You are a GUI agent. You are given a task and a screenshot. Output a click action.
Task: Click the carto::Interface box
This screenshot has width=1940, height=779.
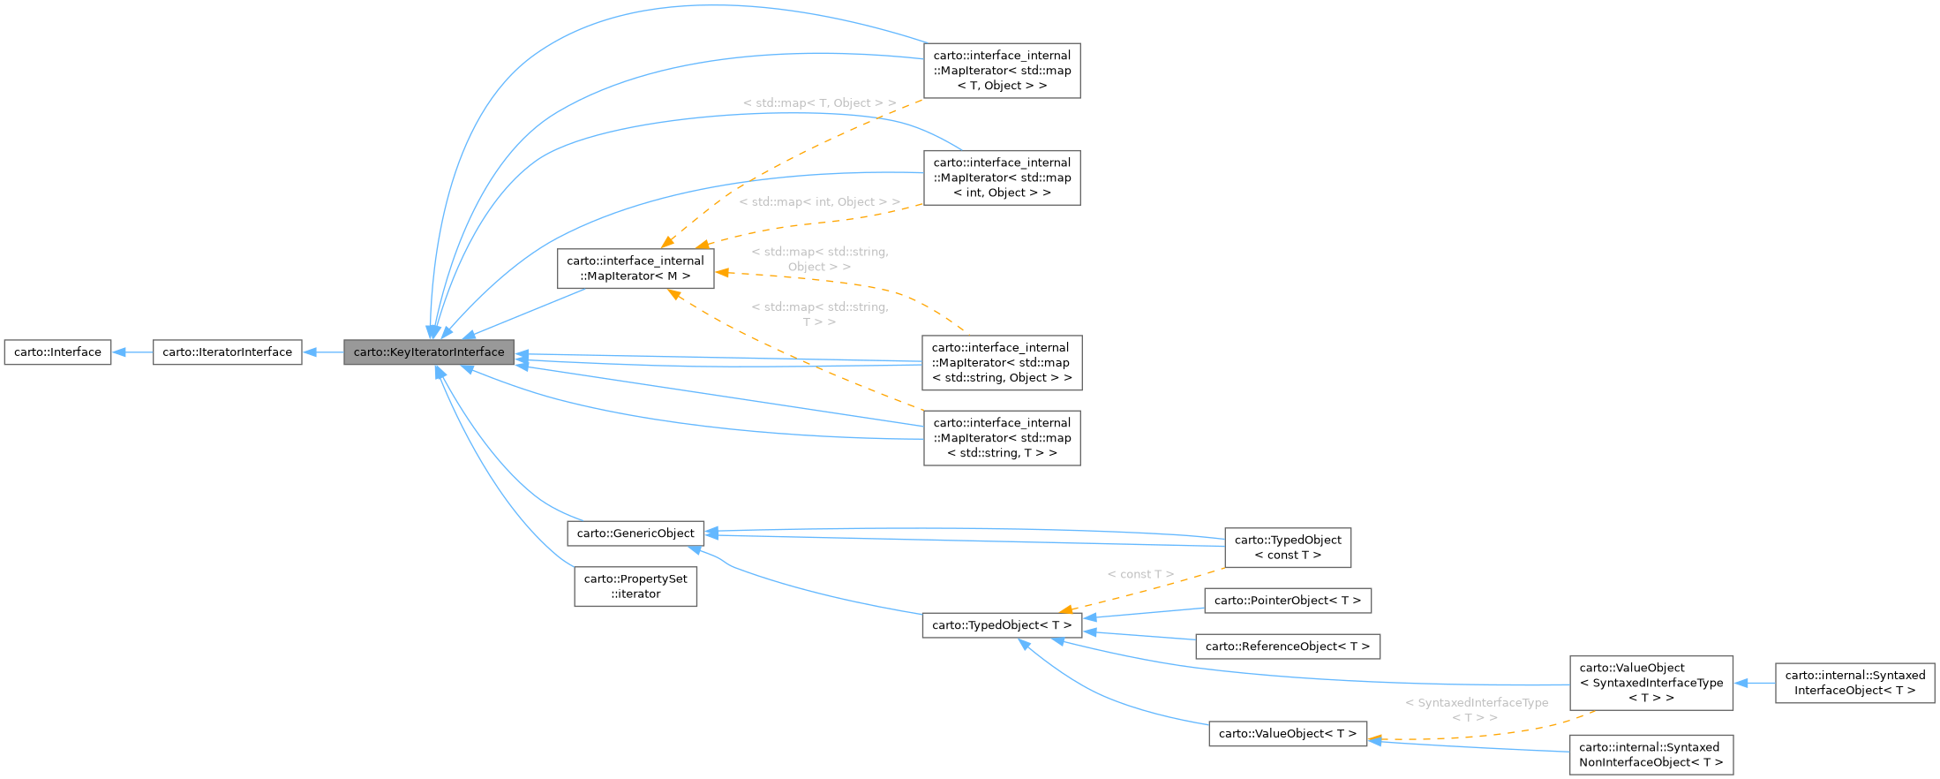[x=57, y=352]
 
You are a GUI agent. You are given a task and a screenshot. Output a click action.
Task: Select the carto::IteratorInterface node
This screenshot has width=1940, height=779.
[x=227, y=352]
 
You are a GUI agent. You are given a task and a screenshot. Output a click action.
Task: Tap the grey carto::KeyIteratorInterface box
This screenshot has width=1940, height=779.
[x=429, y=352]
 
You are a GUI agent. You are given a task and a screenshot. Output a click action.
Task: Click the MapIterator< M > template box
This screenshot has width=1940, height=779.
[x=635, y=268]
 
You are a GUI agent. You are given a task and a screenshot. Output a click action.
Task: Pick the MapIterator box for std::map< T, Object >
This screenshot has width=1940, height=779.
[x=1002, y=71]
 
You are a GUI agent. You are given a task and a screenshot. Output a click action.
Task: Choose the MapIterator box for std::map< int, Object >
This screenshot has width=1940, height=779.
[x=1002, y=178]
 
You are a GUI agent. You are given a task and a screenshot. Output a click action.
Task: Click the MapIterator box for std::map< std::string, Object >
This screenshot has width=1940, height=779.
[x=1002, y=363]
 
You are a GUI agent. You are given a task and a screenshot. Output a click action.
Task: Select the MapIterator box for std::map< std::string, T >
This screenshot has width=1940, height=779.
[x=1002, y=438]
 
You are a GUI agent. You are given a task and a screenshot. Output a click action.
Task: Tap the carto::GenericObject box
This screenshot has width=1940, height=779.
[x=635, y=533]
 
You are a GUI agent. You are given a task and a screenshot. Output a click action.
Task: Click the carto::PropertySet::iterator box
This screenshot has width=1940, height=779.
[x=635, y=586]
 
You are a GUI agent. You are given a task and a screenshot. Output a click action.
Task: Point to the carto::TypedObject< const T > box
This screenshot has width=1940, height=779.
[x=1287, y=548]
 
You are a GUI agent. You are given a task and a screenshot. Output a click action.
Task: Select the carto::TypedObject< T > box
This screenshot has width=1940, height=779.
[x=1001, y=625]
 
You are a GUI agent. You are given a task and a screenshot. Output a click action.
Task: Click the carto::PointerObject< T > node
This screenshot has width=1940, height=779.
[x=1287, y=601]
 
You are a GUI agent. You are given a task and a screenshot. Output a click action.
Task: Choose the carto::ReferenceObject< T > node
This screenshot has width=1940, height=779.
[x=1287, y=647]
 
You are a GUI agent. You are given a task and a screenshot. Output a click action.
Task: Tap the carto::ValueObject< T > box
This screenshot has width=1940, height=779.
[x=1287, y=734]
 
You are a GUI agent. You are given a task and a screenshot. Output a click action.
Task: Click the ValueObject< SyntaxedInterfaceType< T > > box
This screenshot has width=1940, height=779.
[x=1651, y=683]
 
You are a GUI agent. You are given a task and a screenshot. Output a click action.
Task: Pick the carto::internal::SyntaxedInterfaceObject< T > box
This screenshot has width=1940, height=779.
[x=1854, y=683]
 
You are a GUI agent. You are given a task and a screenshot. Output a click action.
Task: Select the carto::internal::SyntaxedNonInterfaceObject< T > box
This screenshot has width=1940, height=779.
[x=1651, y=755]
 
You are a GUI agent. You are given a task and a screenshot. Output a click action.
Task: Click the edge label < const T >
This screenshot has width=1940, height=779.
[x=1140, y=574]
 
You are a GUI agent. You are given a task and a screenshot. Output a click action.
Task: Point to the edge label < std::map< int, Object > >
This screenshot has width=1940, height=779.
[x=819, y=202]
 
